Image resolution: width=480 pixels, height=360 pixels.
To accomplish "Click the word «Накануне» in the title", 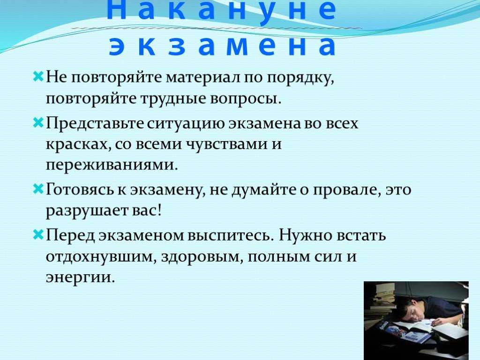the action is tap(221, 10).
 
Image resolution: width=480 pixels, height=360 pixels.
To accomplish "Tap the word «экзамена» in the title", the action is tap(223, 46).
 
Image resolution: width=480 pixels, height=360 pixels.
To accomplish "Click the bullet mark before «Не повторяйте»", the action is tap(38, 76).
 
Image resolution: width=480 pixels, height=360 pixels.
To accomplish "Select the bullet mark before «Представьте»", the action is tap(38, 123).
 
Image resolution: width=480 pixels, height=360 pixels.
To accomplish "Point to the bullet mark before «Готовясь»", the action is tap(38, 189).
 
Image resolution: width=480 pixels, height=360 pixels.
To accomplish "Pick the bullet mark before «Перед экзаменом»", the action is tap(38, 235).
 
